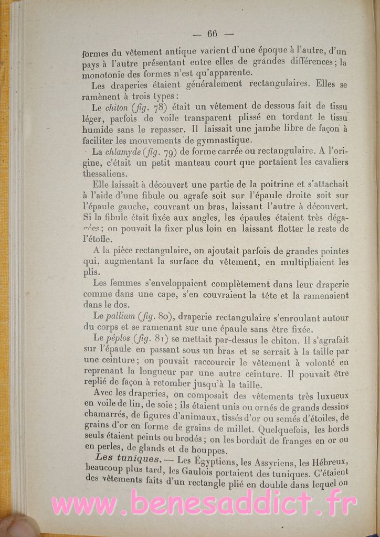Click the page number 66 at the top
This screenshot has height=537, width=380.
(x=212, y=34)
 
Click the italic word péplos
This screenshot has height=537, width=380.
(x=118, y=339)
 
